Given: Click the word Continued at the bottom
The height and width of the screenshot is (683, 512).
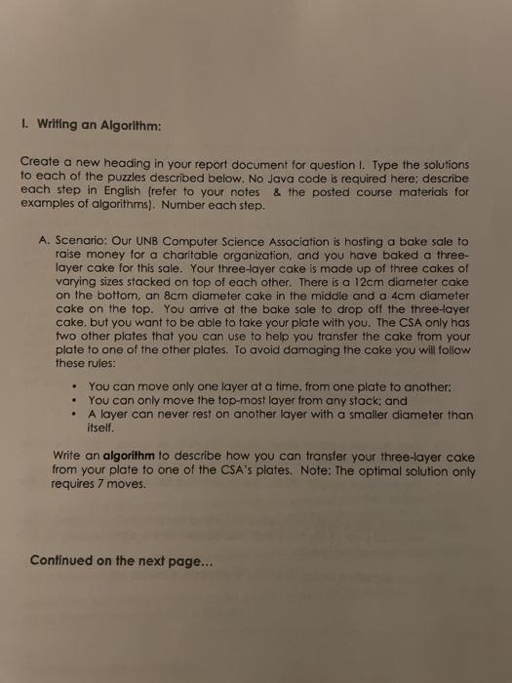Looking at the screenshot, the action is click(x=65, y=560).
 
